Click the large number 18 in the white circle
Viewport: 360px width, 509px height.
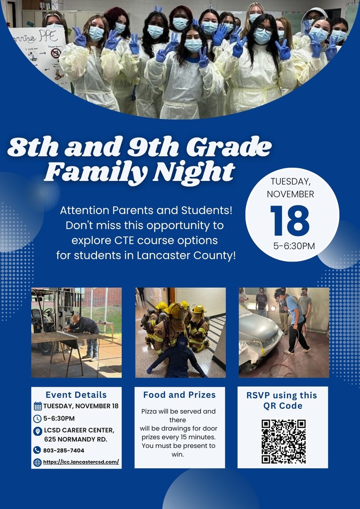290,220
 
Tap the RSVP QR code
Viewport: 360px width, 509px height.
283,441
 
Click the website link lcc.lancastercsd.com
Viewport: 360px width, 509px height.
81,462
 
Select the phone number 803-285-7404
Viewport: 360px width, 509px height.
64,450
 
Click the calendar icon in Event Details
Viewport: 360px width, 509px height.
37,406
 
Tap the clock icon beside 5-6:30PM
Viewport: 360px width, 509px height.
37,419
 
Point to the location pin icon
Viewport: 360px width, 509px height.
37,431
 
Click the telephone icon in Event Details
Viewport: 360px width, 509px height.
37,450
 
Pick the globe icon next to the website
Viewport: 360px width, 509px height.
37,462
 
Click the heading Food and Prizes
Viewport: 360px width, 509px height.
180,395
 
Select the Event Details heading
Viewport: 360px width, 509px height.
76,395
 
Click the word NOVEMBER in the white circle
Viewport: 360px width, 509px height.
290,194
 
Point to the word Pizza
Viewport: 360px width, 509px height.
151,412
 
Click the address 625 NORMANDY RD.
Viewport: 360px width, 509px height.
76,439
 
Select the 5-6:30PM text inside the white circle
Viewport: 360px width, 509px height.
294,246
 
